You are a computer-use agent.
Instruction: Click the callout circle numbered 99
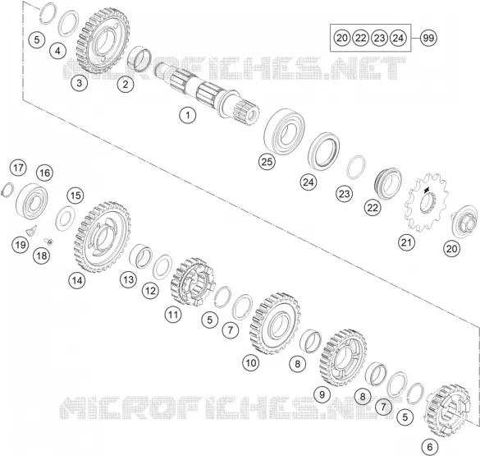pos(428,39)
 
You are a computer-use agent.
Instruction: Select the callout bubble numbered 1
pos(187,116)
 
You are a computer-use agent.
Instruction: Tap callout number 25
pos(267,162)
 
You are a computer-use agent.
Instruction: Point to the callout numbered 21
pos(406,242)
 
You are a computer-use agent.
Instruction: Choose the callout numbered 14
pos(77,280)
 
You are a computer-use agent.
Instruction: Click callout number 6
pos(430,447)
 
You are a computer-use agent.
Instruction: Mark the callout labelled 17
pos(18,168)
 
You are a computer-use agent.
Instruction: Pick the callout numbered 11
pos(173,315)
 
